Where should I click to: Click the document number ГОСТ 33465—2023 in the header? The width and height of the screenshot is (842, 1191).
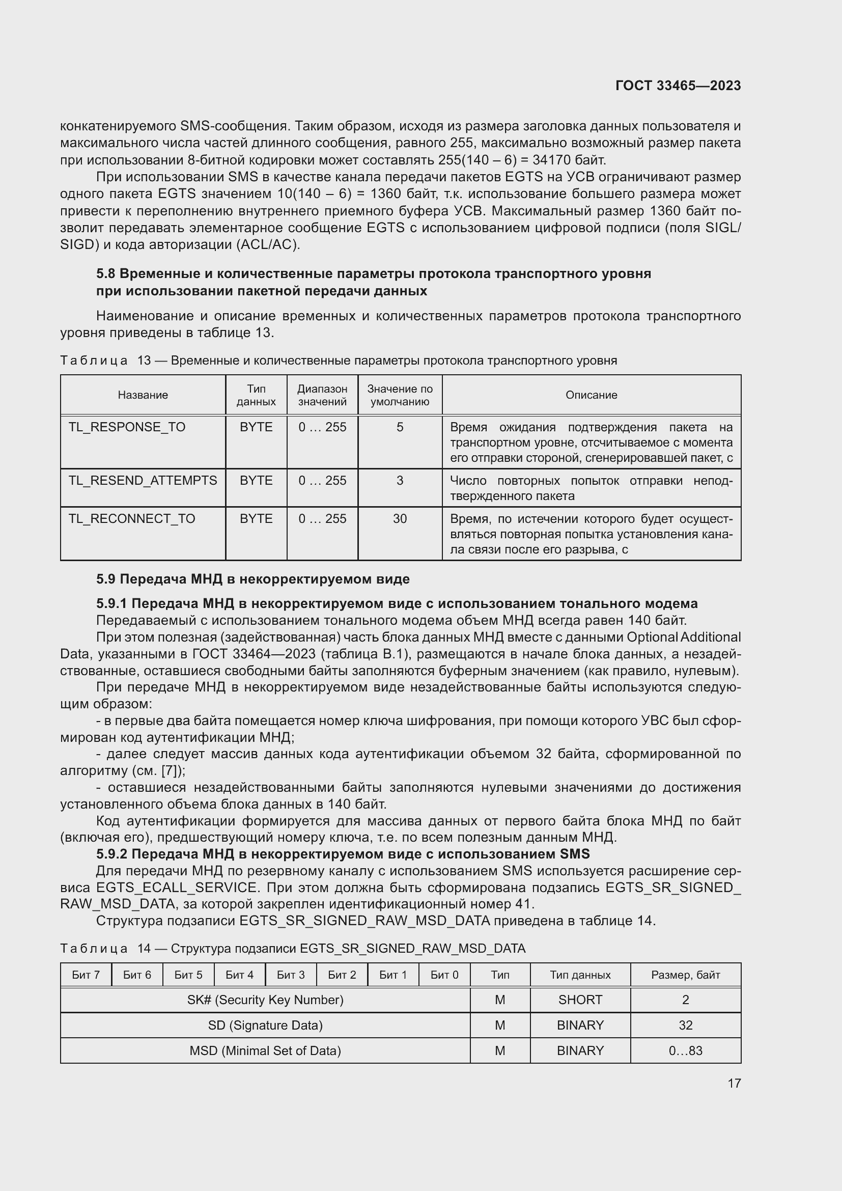click(x=678, y=86)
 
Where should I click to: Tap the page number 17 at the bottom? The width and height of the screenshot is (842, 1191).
click(x=734, y=1083)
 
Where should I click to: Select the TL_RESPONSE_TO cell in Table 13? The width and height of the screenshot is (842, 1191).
click(x=127, y=427)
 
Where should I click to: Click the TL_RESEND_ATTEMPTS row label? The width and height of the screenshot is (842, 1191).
click(x=143, y=480)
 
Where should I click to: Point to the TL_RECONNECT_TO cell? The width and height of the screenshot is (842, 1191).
click(x=132, y=519)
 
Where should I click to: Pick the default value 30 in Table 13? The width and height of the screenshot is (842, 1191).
click(x=400, y=519)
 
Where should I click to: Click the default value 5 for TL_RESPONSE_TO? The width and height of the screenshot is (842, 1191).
click(x=400, y=427)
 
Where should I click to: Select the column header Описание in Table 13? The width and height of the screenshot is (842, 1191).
click(x=591, y=395)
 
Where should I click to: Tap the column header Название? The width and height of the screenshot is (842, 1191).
click(x=143, y=395)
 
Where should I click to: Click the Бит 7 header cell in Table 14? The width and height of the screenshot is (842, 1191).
click(x=86, y=975)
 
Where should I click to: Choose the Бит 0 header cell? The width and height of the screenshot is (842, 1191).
click(x=444, y=975)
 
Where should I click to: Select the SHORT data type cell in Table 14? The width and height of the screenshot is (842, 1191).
click(x=580, y=1000)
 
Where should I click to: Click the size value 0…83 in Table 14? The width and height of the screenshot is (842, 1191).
click(x=685, y=1050)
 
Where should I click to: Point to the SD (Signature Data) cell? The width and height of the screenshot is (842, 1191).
click(x=265, y=1025)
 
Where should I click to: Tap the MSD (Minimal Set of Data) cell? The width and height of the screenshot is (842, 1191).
click(x=265, y=1050)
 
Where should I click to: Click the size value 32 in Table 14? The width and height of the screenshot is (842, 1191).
click(x=685, y=1025)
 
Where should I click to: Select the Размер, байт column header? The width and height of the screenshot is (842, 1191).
click(x=685, y=975)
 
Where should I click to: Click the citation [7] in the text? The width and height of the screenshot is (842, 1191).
click(x=170, y=771)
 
